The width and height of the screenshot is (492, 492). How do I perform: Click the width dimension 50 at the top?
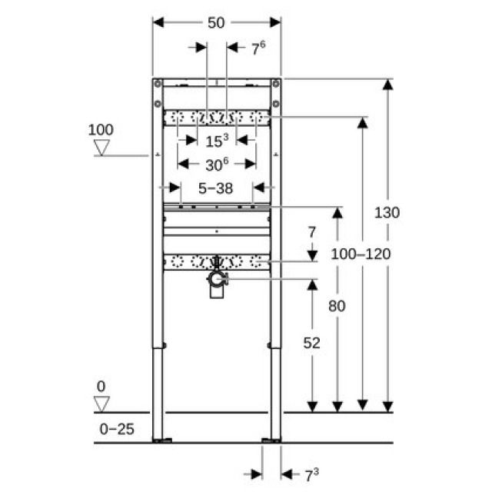(216, 23)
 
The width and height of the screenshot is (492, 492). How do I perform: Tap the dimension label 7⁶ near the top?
(258, 48)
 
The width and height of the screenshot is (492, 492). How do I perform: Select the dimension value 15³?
(217, 140)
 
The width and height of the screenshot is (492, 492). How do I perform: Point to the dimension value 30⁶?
(217, 164)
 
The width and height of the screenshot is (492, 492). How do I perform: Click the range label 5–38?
(216, 187)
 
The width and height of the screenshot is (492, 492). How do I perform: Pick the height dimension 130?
(387, 213)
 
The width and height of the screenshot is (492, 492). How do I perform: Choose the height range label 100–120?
(360, 253)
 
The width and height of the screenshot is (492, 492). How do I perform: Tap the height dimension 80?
(337, 305)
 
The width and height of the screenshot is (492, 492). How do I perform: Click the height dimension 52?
(311, 342)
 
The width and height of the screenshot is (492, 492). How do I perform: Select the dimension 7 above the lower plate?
(311, 231)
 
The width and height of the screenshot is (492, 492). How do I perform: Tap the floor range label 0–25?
(117, 429)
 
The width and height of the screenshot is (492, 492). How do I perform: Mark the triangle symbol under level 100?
(101, 148)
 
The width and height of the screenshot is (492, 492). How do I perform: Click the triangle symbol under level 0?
(101, 404)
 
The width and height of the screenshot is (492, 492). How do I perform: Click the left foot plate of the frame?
(162, 440)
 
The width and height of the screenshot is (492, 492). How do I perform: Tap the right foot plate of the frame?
(272, 440)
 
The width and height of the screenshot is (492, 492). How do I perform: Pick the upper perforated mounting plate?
(216, 118)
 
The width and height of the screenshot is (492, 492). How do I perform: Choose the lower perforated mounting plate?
(216, 261)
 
